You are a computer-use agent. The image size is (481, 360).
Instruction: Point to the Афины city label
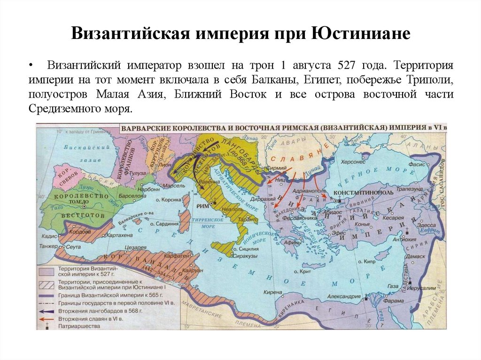(x=293, y=243)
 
